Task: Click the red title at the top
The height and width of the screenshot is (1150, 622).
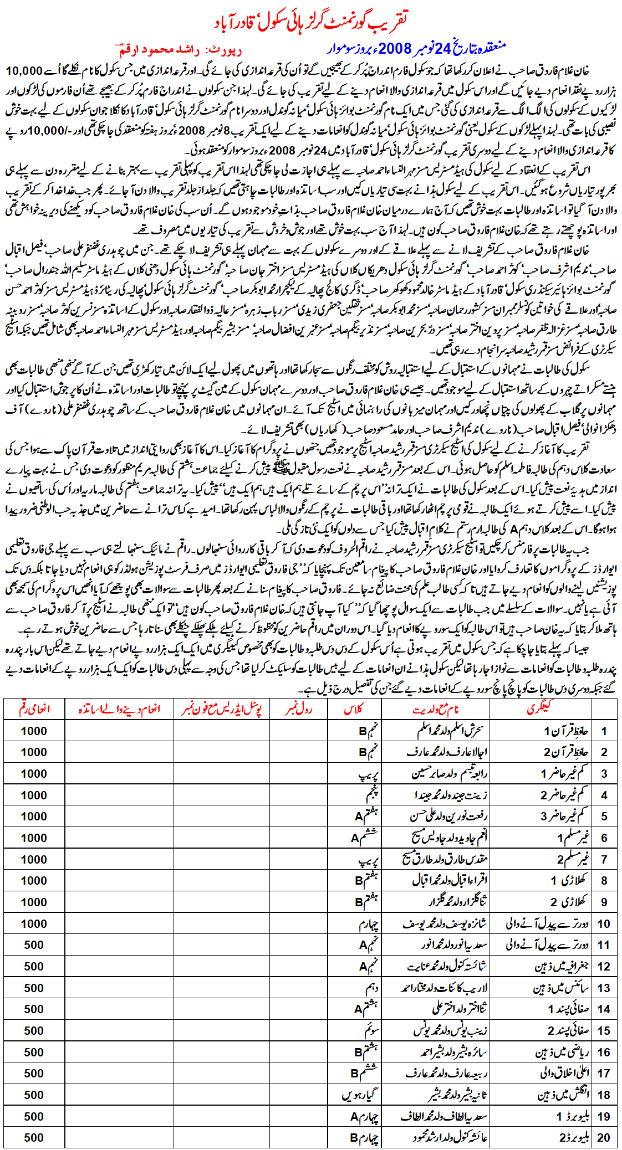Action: click(x=310, y=20)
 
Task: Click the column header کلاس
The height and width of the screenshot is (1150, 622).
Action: click(x=354, y=709)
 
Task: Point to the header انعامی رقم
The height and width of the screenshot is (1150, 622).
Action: click(x=34, y=709)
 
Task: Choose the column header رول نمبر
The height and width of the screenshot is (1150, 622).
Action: click(x=298, y=709)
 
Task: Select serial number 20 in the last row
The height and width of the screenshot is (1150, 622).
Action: click(x=604, y=1137)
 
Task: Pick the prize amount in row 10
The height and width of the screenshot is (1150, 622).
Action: click(x=34, y=923)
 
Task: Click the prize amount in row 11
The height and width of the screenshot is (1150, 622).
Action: click(x=34, y=945)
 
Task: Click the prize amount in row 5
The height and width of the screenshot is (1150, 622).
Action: click(x=34, y=817)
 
